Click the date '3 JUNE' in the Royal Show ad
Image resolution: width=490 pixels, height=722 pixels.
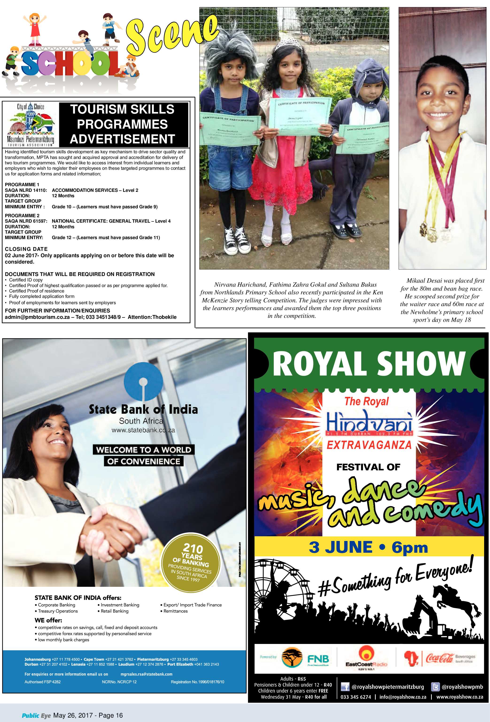click(x=340, y=547)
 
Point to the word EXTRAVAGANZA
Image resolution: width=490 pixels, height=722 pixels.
click(x=369, y=445)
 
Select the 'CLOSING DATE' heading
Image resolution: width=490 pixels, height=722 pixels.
click(x=26, y=249)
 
